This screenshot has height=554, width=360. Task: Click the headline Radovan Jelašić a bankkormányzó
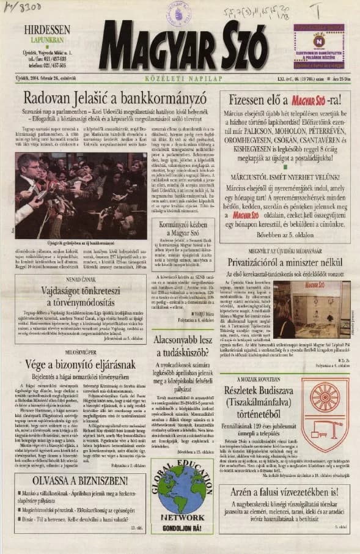(x=114, y=98)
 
